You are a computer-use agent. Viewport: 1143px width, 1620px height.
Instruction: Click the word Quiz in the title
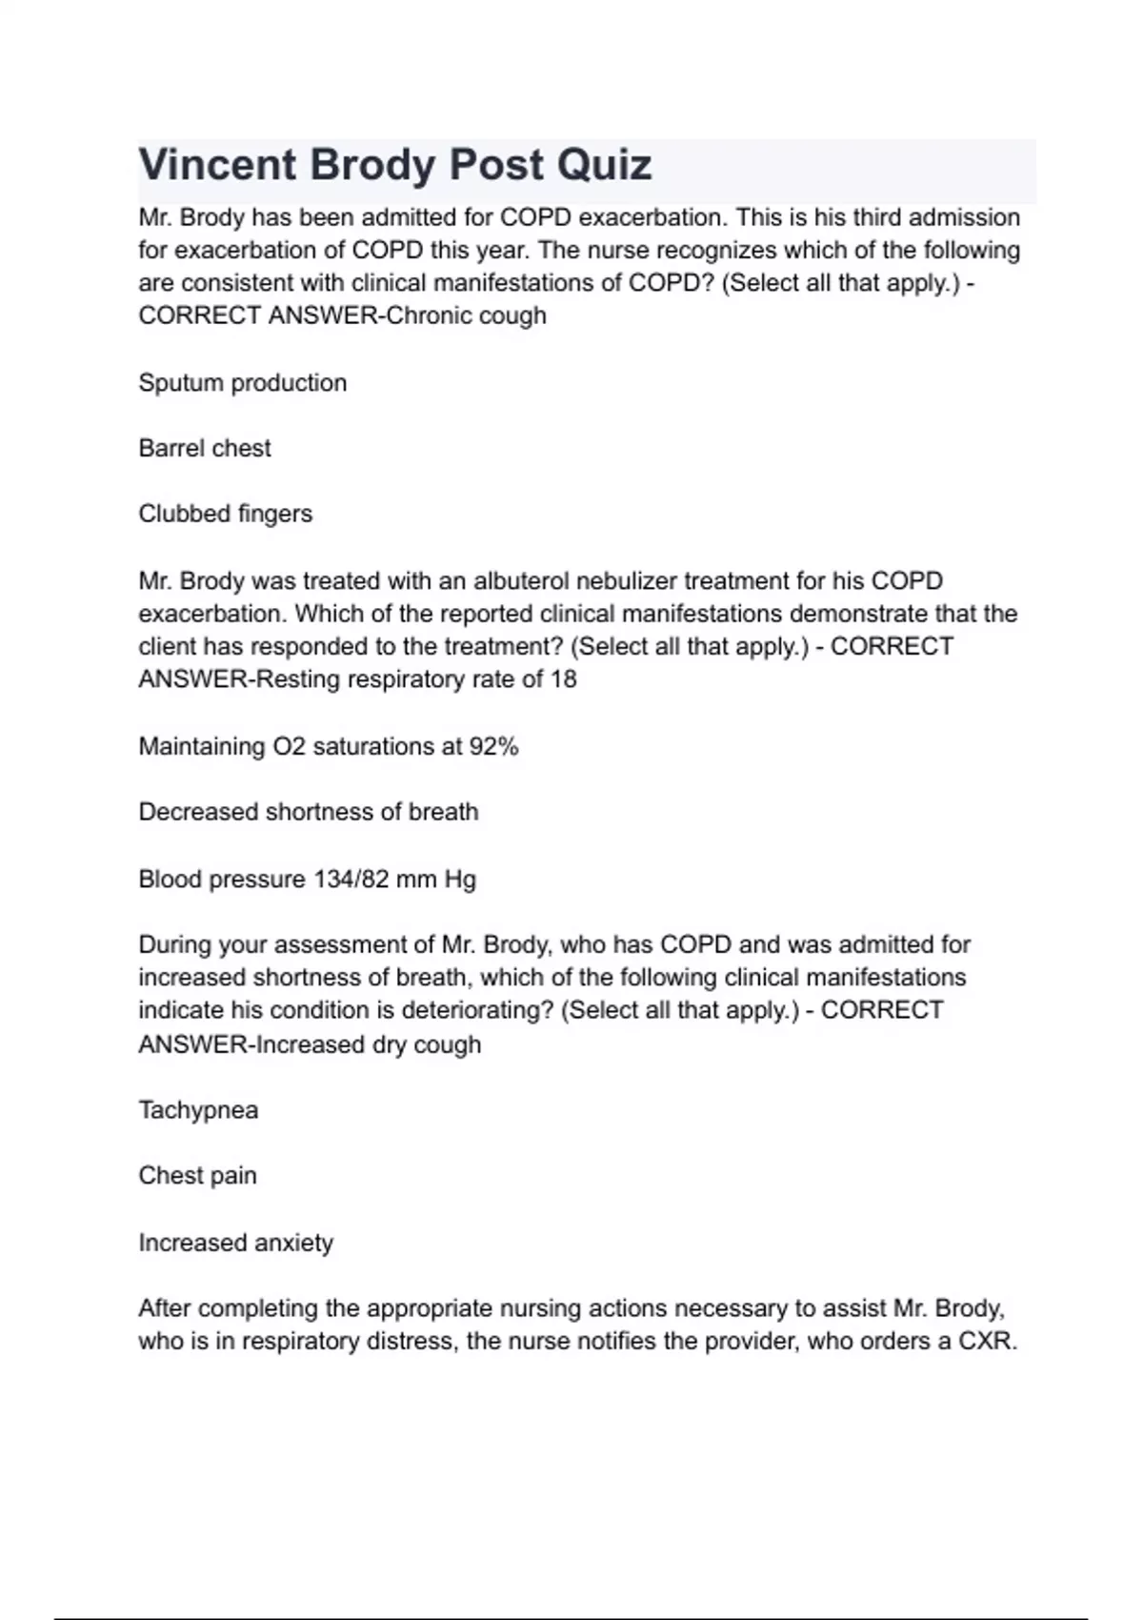[x=605, y=165]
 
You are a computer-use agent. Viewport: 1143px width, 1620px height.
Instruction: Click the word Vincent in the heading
[x=217, y=165]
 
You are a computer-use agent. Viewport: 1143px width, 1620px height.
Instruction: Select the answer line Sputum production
[x=243, y=383]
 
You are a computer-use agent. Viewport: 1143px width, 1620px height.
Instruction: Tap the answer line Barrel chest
[x=205, y=448]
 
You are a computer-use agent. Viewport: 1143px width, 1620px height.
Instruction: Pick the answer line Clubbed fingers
[x=226, y=514]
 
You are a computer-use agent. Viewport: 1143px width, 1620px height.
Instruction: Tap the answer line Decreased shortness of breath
[x=309, y=812]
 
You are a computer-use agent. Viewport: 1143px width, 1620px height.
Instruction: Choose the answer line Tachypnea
[x=198, y=1110]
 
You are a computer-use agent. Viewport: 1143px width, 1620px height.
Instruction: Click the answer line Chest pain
[x=198, y=1176]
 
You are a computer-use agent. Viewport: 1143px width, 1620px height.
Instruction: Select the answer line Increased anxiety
[x=236, y=1244]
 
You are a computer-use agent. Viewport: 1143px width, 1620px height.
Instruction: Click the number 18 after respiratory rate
[x=563, y=679]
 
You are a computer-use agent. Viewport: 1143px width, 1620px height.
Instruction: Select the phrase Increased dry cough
[x=369, y=1045]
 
